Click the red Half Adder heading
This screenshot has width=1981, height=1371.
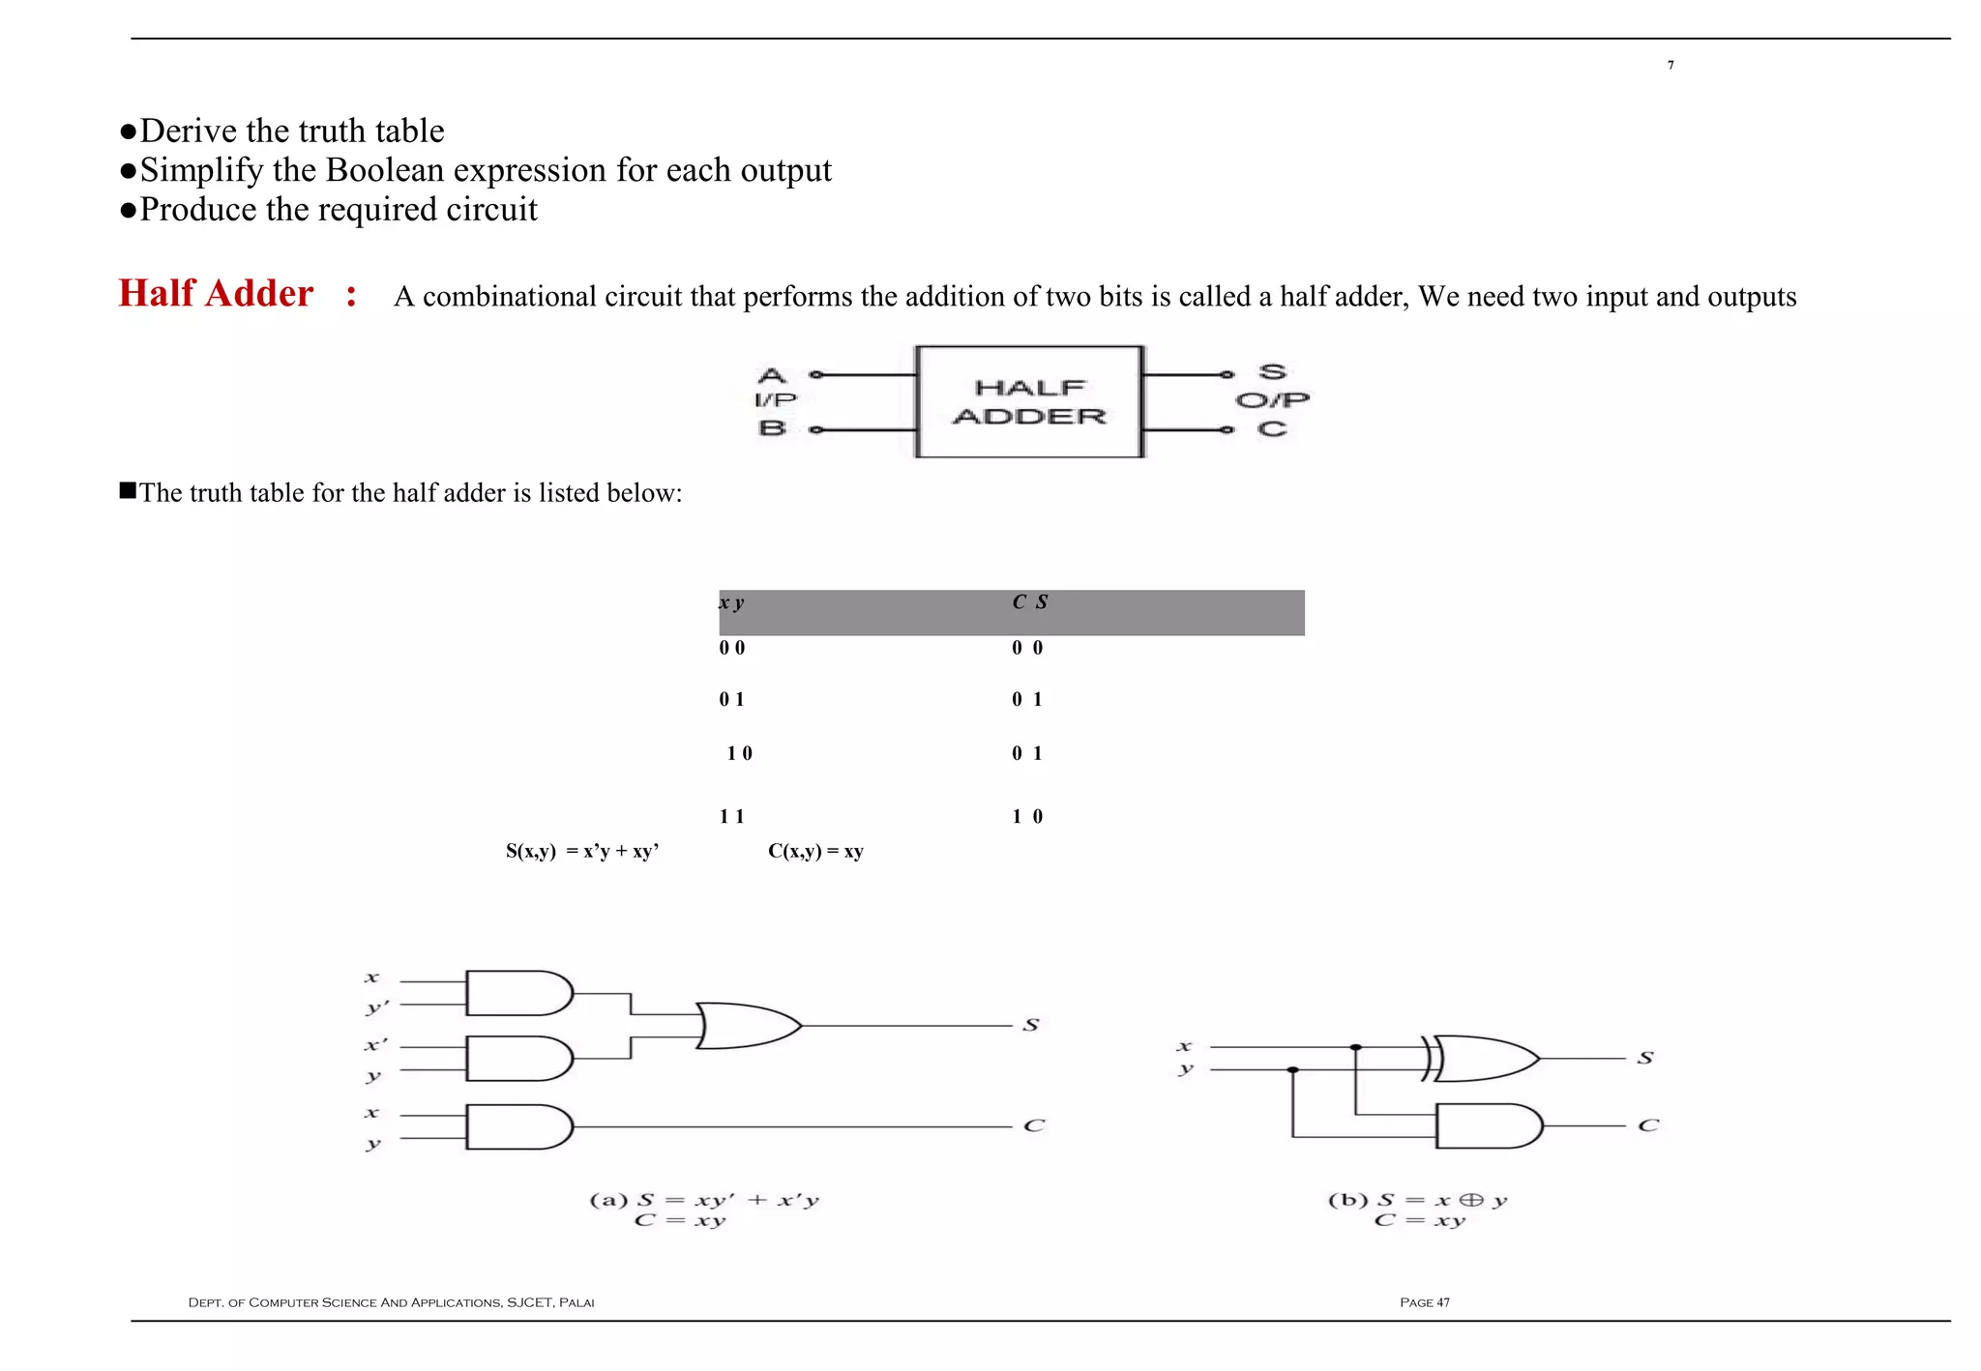[216, 293]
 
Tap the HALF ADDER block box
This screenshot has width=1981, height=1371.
[1029, 401]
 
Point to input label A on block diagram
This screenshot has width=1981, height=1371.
[771, 374]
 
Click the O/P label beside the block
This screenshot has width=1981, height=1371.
[1272, 399]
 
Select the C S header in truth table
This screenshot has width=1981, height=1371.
[1029, 602]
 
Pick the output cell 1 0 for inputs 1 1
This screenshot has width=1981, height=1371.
[1027, 816]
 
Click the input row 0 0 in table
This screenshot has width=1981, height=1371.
[732, 648]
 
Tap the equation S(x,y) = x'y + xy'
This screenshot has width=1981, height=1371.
[582, 851]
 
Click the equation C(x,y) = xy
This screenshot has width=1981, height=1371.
[815, 851]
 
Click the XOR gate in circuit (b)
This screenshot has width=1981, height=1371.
[1485, 1059]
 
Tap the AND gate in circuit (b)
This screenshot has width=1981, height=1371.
[1488, 1125]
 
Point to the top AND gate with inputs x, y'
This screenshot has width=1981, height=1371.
[517, 993]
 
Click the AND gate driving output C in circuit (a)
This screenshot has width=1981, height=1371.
[517, 1126]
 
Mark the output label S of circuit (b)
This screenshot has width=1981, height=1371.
[1645, 1058]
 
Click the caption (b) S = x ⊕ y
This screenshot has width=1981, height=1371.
[1417, 1200]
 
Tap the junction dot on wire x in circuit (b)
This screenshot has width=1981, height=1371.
[1356, 1047]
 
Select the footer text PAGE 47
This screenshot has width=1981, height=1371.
[1424, 1302]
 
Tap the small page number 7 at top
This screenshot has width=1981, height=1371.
[1671, 65]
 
